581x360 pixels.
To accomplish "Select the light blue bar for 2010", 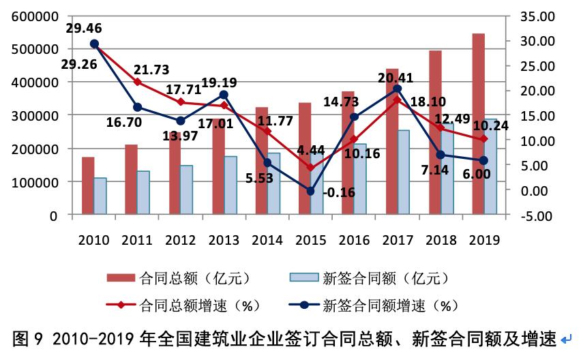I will pos(100,196).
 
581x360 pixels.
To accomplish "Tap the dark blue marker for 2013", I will pos(224,95).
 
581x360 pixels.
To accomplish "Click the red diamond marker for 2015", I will pos(311,167).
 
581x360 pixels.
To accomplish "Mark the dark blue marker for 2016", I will pos(354,117).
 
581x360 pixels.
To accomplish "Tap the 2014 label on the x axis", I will pos(268,240).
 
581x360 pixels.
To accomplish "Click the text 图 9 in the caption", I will pos(26,339).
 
